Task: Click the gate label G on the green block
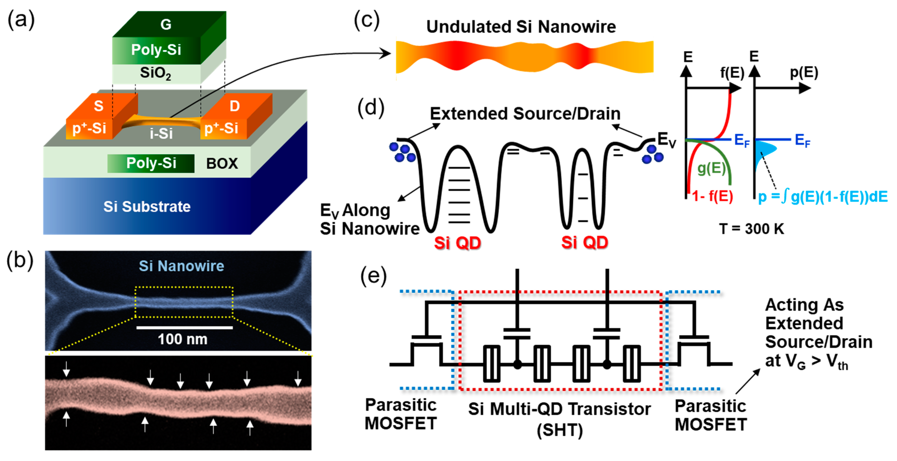pos(166,24)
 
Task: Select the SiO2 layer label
pos(155,73)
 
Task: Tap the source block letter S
pos(99,106)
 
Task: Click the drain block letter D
pos(234,106)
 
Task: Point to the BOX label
pos(222,164)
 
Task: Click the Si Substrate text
pos(147,207)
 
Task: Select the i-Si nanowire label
pos(161,134)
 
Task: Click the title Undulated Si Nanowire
pos(521,27)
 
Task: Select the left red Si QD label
pos(457,243)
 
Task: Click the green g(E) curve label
pos(711,168)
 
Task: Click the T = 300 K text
pos(751,229)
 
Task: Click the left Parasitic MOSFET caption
pos(401,414)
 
